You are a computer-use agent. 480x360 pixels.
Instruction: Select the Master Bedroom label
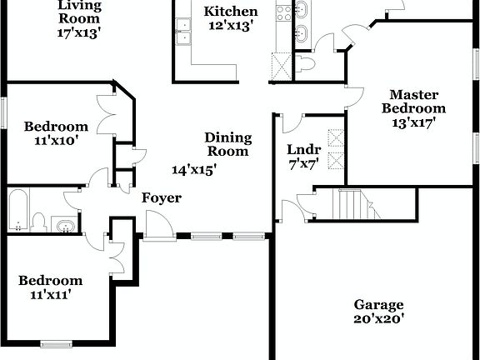pyautogui.click(x=414, y=101)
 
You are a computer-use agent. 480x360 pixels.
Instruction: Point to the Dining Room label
pyautogui.click(x=227, y=144)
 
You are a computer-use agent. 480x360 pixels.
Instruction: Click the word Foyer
pyautogui.click(x=161, y=198)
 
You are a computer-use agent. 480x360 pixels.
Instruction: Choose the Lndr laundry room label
pyautogui.click(x=302, y=150)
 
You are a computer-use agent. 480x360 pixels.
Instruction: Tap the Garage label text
pyautogui.click(x=378, y=304)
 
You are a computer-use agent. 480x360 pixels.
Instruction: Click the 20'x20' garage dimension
pyautogui.click(x=378, y=318)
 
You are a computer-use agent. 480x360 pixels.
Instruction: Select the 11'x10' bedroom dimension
pyautogui.click(x=56, y=140)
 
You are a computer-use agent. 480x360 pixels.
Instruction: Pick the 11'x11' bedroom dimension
pyautogui.click(x=51, y=294)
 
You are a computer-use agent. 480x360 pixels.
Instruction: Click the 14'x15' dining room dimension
pyautogui.click(x=195, y=170)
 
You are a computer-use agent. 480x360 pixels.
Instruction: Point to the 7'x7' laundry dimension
pyautogui.click(x=303, y=163)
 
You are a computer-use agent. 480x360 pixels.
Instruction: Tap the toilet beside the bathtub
pyautogui.click(x=38, y=221)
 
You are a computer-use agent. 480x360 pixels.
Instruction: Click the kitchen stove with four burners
pyautogui.click(x=283, y=12)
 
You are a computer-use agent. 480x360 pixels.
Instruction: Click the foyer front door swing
pyautogui.click(x=158, y=223)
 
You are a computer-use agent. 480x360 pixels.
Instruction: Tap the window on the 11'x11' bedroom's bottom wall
pyautogui.click(x=57, y=342)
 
